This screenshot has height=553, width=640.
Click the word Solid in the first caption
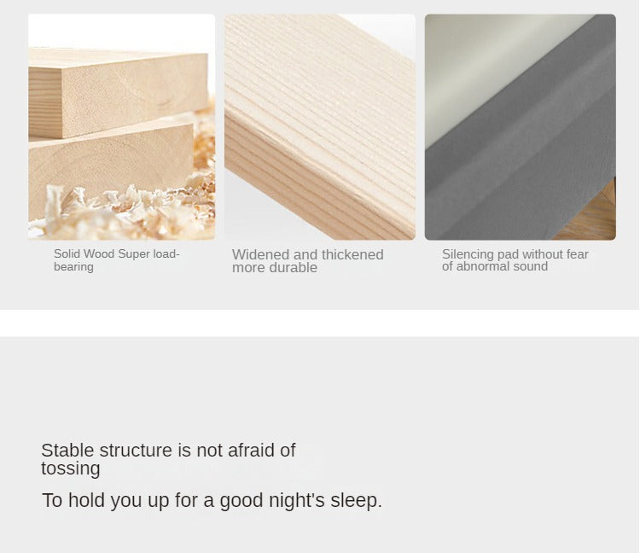click(64, 253)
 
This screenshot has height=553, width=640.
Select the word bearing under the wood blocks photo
click(73, 267)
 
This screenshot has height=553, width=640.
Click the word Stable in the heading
click(67, 450)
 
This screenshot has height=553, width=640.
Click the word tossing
click(71, 469)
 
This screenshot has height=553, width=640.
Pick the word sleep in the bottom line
click(354, 501)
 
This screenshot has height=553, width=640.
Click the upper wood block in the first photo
click(119, 93)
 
